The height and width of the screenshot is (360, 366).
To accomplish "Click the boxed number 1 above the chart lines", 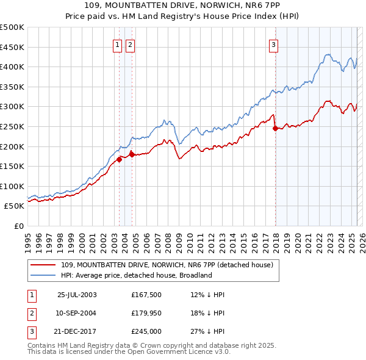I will pos(117,44).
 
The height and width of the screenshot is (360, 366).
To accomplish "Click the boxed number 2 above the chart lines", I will pos(131,44).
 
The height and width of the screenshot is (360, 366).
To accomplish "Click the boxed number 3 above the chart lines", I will pos(274,44).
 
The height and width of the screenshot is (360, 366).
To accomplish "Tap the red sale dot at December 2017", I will pos(275,128).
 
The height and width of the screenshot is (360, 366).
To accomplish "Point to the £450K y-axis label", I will pos(12,47).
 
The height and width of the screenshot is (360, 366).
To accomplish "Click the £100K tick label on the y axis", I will pos(12,186).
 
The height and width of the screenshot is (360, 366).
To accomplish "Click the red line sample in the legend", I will pos(43,264).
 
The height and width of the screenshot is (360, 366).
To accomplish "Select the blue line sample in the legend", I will pos(43,275).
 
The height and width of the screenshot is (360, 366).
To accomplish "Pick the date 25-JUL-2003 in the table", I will pos(77,295).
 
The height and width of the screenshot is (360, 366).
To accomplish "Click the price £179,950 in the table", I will pos(146,313).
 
